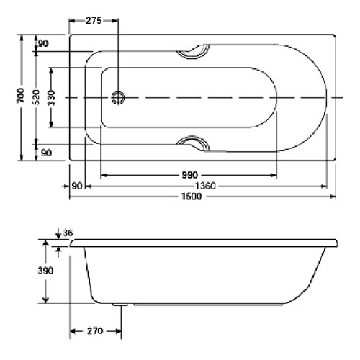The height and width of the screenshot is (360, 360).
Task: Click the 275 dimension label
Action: click(x=94, y=21)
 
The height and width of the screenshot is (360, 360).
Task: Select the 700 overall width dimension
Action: click(x=21, y=95)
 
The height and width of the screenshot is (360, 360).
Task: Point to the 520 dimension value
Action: click(x=36, y=97)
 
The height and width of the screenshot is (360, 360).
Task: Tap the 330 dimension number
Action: click(x=51, y=98)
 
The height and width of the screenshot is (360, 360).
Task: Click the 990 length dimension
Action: click(x=189, y=175)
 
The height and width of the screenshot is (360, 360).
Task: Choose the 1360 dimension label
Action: click(x=205, y=186)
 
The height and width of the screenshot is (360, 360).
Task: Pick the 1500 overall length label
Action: click(x=192, y=197)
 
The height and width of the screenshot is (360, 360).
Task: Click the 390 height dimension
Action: click(x=45, y=271)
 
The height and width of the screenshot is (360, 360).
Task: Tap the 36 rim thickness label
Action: click(x=68, y=233)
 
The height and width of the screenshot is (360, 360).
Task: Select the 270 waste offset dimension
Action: click(x=95, y=331)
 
